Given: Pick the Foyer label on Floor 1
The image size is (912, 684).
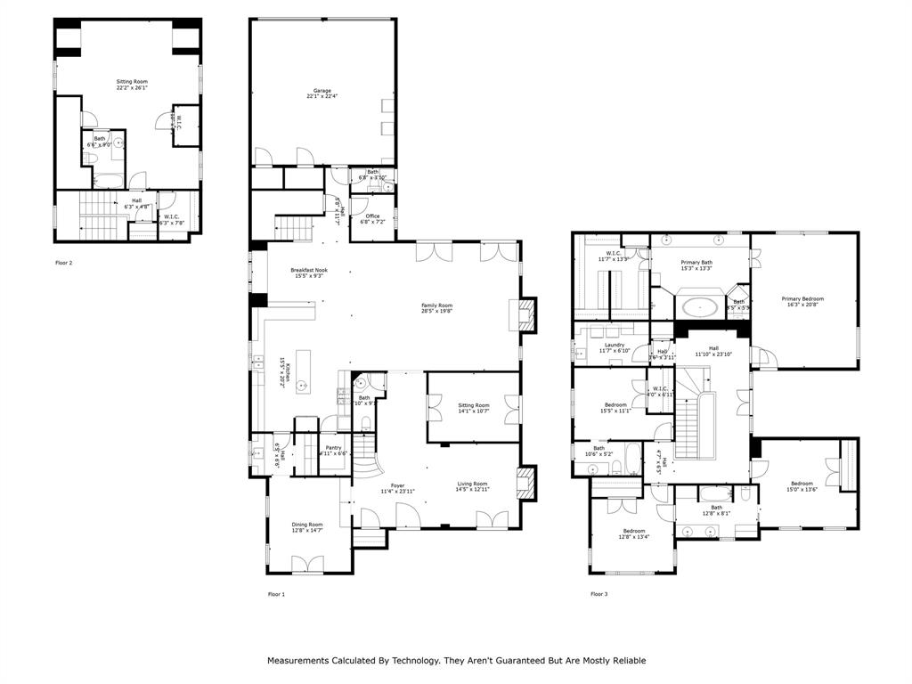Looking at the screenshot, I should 397,486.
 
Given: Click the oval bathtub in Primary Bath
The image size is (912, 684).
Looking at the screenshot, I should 702,309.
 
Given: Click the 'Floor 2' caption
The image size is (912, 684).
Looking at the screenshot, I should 64,263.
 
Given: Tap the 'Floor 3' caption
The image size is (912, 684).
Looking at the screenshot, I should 599,594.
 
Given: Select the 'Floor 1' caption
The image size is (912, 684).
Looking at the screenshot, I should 276,594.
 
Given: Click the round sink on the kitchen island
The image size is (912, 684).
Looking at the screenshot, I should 303,386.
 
